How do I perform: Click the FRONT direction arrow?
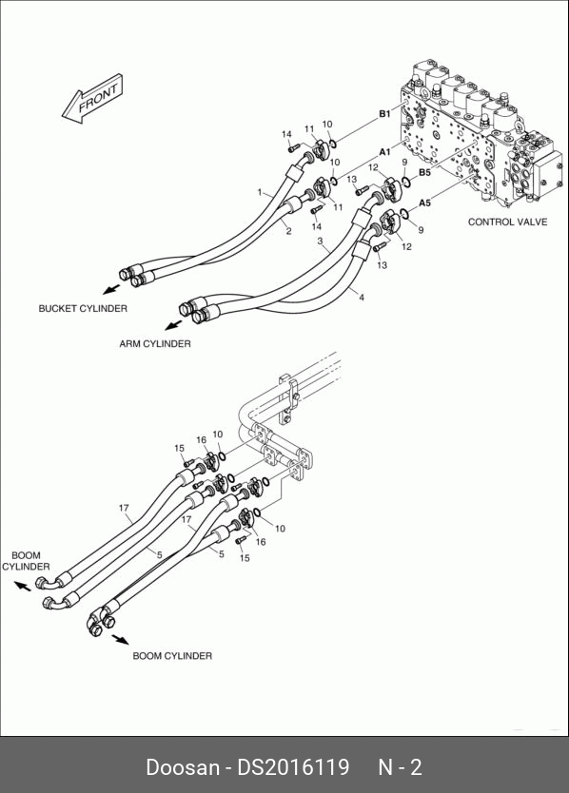tap(92, 99)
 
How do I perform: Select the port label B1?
tap(384, 114)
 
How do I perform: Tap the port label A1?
tap(384, 152)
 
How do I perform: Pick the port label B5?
tap(424, 172)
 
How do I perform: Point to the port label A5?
tap(424, 203)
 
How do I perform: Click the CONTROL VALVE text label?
tap(507, 222)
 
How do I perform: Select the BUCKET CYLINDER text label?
tap(83, 308)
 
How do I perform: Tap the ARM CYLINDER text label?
tap(155, 343)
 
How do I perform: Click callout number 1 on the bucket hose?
tap(260, 192)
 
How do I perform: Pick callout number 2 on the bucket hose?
tap(288, 231)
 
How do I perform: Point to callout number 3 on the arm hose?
tap(320, 241)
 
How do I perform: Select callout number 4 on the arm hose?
tap(362, 298)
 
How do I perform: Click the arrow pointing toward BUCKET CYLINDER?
tap(111, 289)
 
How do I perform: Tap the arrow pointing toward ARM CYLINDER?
tap(173, 323)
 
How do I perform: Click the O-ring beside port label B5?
tap(406, 181)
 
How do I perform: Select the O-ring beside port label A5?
tap(404, 213)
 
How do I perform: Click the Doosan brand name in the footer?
tap(183, 766)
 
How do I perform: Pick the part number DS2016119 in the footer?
tap(294, 766)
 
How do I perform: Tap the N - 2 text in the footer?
tap(400, 766)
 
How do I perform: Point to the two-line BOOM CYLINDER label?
tap(26, 561)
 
